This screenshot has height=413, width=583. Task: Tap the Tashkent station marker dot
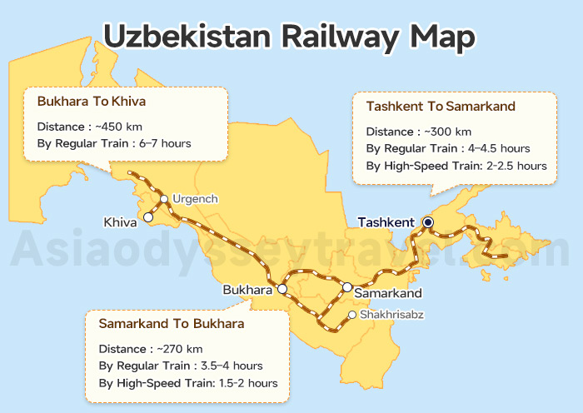coord(427,222)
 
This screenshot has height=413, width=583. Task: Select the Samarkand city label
coord(387,293)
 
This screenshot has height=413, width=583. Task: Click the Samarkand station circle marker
coord(347,287)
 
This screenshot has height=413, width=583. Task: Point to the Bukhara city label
coord(247,291)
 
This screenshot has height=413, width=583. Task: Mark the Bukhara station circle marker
coord(282,289)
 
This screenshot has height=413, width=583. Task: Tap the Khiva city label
coord(120,222)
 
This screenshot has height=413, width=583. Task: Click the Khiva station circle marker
coord(147,216)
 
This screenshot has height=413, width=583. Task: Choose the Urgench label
coord(195,199)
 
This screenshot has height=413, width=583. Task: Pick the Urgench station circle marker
coord(165,198)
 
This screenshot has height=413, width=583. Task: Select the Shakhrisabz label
coord(391,315)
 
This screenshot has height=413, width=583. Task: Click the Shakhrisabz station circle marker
coord(352,315)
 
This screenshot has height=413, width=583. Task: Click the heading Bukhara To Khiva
coord(92,102)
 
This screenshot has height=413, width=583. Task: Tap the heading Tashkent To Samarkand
coord(441,107)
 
